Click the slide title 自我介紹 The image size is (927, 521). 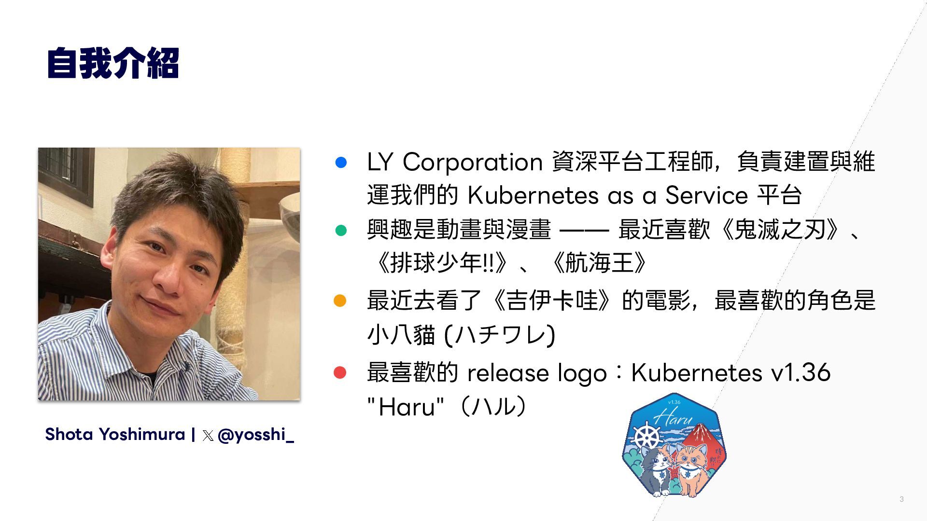click(x=113, y=63)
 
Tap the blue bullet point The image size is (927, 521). click(x=341, y=162)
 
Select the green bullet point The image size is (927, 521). click(x=341, y=230)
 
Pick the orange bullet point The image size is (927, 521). click(x=340, y=301)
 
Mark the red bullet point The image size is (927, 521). click(x=340, y=372)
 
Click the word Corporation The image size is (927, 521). click(x=473, y=163)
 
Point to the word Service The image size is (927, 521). click(x=706, y=195)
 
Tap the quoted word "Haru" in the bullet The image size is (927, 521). click(x=405, y=407)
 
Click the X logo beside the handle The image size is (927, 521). click(x=208, y=436)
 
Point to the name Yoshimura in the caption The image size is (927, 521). click(x=142, y=434)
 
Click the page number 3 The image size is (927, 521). click(x=901, y=499)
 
